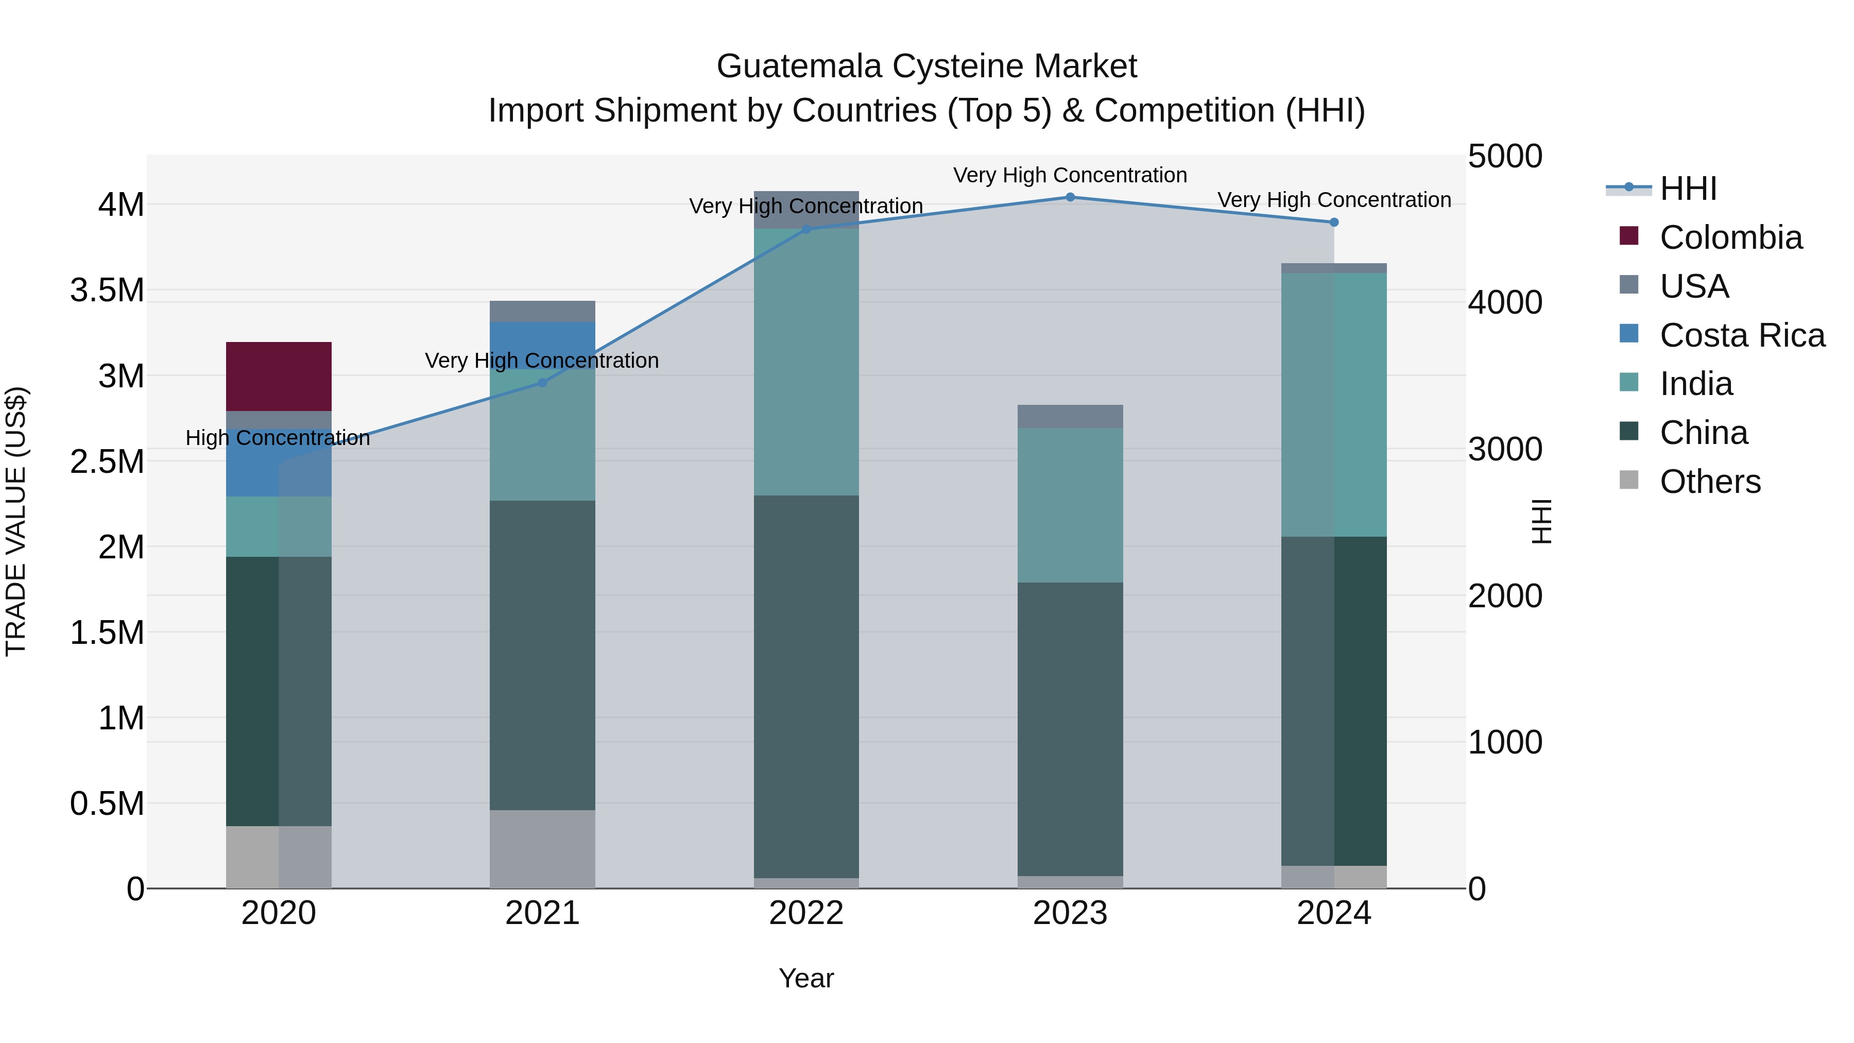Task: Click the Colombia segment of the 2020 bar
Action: pyautogui.click(x=279, y=376)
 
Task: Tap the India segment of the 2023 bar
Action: pyautogui.click(x=1070, y=505)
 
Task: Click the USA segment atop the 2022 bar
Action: pyautogui.click(x=806, y=209)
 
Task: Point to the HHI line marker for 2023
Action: pyautogui.click(x=1070, y=197)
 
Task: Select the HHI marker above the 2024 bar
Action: pyautogui.click(x=1334, y=223)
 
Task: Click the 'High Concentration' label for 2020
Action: pyautogui.click(x=278, y=438)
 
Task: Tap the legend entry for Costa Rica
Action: pyautogui.click(x=1742, y=335)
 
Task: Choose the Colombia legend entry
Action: pyautogui.click(x=1730, y=237)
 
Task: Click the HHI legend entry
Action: pyautogui.click(x=1688, y=189)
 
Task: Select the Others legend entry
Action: pyautogui.click(x=1709, y=482)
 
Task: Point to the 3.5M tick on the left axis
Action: pyautogui.click(x=107, y=291)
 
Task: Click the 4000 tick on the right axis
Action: pyautogui.click(x=1504, y=302)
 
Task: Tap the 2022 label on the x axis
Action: pyautogui.click(x=806, y=913)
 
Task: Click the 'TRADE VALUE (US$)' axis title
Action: pyautogui.click(x=16, y=521)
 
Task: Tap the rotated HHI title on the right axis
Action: pyautogui.click(x=1541, y=521)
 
